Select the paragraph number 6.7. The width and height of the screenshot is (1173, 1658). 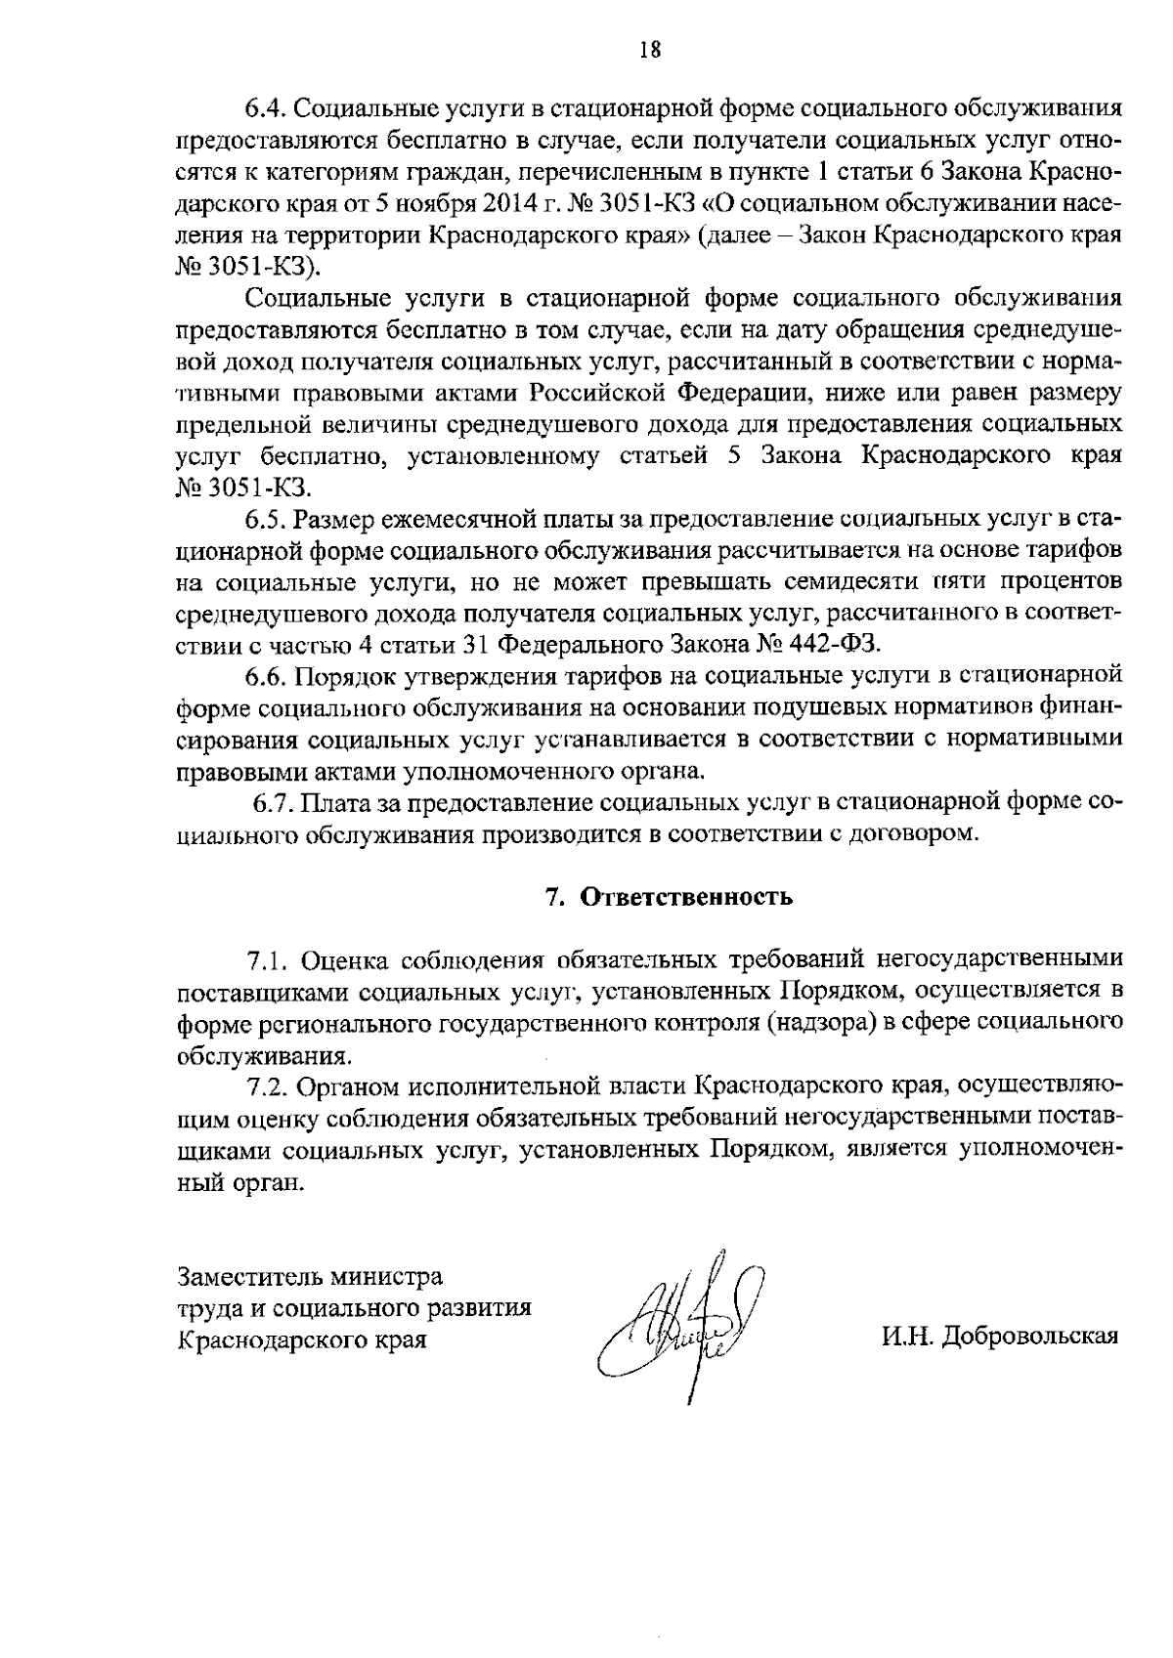(271, 803)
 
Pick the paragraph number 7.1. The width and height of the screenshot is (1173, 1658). (266, 961)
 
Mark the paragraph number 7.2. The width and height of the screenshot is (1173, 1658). (266, 1087)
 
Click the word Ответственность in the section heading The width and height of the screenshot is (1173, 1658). (686, 898)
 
